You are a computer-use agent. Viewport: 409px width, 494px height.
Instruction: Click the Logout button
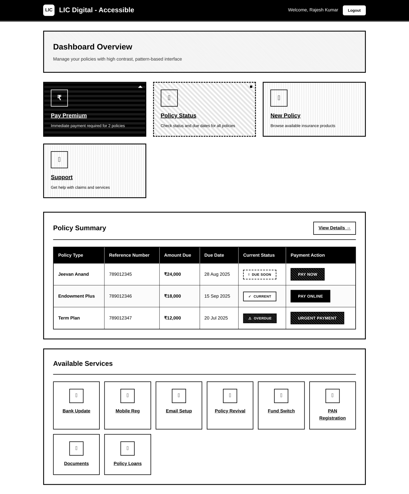coord(354,10)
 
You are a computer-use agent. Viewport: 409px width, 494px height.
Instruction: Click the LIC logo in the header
coord(49,10)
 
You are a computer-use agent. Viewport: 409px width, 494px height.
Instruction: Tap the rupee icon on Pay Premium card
coord(59,98)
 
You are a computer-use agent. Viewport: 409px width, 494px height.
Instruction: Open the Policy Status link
coord(178,116)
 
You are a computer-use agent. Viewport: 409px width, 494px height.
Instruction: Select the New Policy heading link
coord(285,116)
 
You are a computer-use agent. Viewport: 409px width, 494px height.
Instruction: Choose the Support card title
coord(62,177)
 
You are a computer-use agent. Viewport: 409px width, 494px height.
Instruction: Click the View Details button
coord(334,228)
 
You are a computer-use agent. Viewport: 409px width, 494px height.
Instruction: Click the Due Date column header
coord(214,255)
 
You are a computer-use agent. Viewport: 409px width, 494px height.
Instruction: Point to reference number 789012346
coord(120,296)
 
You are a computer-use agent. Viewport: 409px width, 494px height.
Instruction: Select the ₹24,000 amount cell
coord(173,274)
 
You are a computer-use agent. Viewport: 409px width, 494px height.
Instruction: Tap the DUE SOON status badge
coord(259,274)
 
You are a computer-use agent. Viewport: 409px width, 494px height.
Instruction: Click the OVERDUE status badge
coord(259,318)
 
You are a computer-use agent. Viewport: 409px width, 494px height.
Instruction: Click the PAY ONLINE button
coord(310,296)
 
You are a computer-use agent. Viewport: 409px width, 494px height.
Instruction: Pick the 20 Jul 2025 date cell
coord(216,318)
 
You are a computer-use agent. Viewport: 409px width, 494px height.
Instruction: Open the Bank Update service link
coord(76,411)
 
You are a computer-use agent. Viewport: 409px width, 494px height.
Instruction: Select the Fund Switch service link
coord(281,411)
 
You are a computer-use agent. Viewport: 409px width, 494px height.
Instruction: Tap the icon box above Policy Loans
coord(127,448)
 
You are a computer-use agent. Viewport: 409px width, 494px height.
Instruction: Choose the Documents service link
coord(76,463)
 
